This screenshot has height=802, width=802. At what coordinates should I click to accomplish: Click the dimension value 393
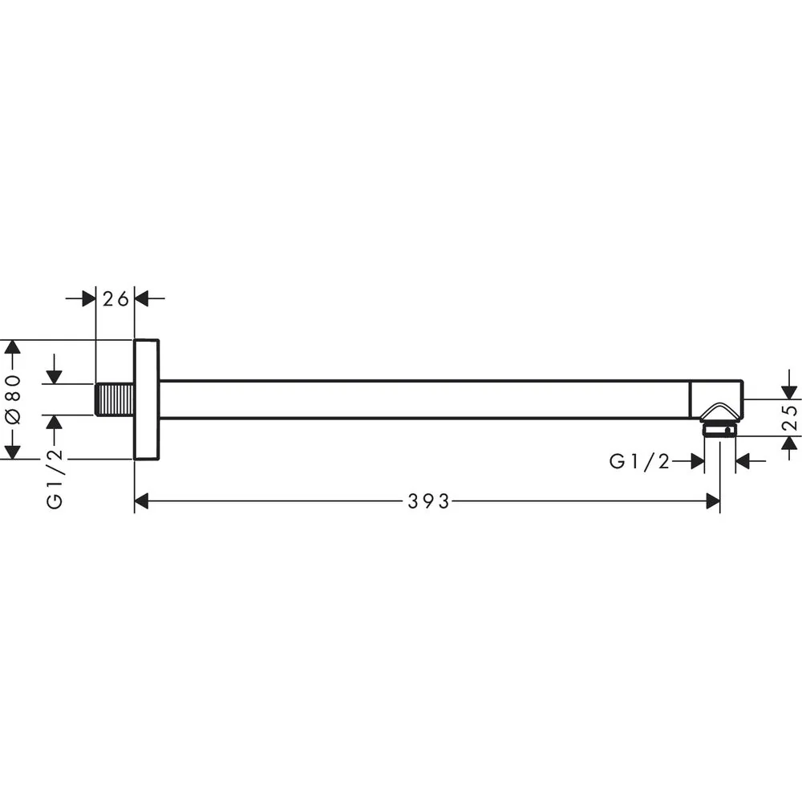428,501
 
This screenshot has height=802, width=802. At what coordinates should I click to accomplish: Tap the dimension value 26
115,298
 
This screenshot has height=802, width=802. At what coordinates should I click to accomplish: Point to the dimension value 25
790,417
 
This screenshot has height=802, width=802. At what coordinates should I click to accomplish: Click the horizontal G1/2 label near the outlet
639,461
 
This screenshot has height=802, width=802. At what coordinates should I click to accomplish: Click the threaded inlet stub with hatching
115,399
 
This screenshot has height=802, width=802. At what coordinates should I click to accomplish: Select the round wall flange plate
146,399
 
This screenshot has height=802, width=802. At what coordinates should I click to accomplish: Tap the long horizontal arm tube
424,399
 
